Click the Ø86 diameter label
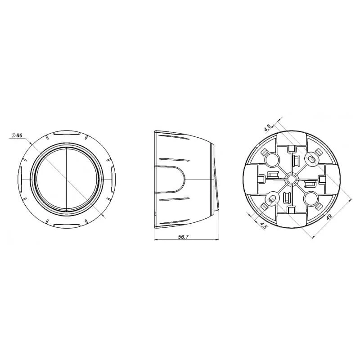[17, 135]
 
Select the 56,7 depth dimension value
[184, 237]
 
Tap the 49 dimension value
[329, 217]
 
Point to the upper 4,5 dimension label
[268, 128]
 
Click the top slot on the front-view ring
[66, 133]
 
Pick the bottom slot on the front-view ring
[66, 225]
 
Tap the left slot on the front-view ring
[20, 179]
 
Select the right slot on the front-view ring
[113, 179]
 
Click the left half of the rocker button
[51, 179]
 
